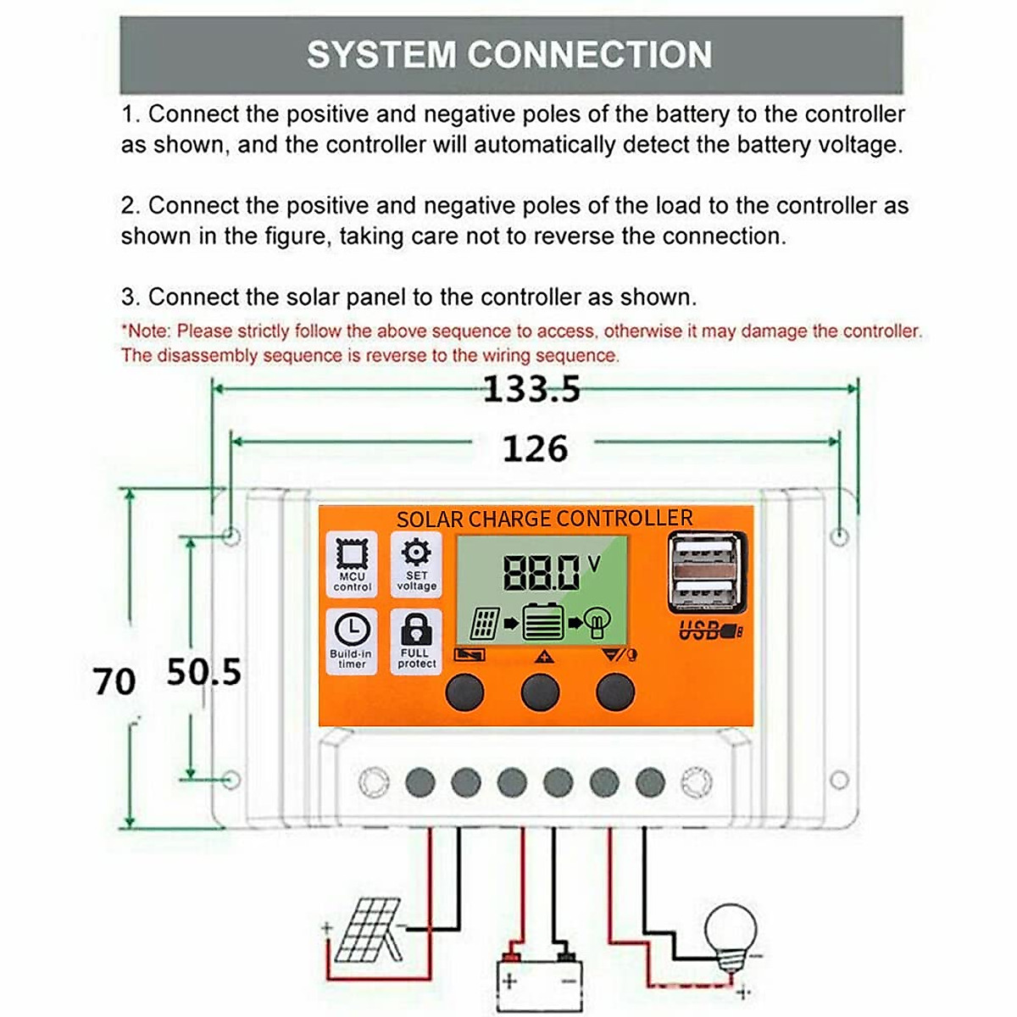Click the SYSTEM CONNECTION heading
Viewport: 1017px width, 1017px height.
point(509,55)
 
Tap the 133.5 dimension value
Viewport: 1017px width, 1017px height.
point(531,390)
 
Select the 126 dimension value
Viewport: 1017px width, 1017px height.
point(534,448)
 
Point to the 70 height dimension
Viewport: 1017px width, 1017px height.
point(114,681)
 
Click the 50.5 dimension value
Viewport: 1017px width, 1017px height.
point(203,672)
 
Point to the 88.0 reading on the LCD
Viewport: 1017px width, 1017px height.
point(542,574)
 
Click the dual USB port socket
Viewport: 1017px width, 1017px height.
point(707,573)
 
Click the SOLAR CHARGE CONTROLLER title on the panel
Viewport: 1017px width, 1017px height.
point(544,519)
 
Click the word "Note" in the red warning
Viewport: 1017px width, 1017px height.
point(148,331)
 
